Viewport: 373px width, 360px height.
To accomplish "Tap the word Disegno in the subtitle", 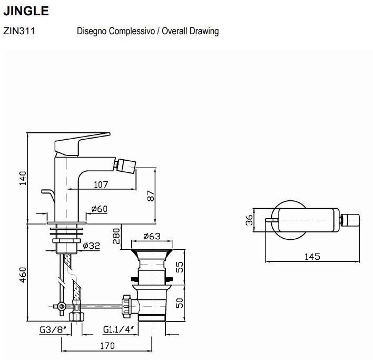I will pyautogui.click(x=92, y=32).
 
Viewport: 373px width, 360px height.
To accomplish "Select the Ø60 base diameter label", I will pyautogui.click(x=99, y=209).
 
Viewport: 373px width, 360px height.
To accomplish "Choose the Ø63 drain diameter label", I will pyautogui.click(x=152, y=236).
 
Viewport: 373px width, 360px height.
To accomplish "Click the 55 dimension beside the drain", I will pyautogui.click(x=179, y=267).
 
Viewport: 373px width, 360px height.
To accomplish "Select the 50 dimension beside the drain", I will pyautogui.click(x=179, y=304).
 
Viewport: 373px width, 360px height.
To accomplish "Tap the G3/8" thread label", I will pyautogui.click(x=53, y=331).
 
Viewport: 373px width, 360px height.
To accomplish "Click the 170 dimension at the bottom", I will pyautogui.click(x=107, y=346).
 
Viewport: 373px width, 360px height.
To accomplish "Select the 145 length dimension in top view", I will pyautogui.click(x=312, y=257).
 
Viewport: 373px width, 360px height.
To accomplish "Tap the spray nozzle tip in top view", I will pyautogui.click(x=352, y=220).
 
